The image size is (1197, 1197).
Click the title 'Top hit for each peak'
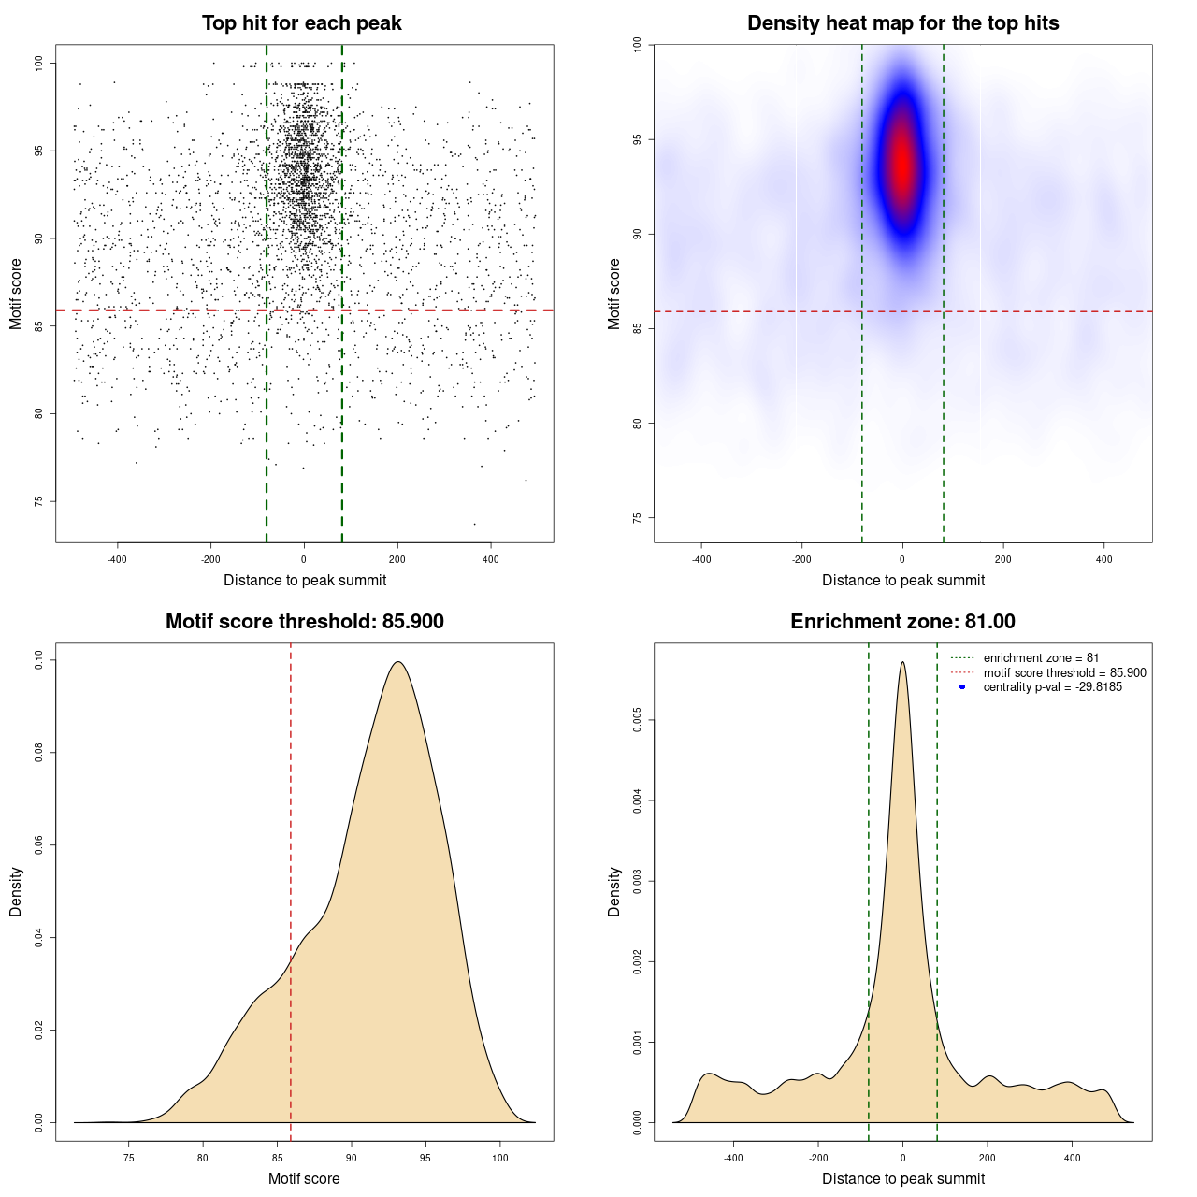coord(302,23)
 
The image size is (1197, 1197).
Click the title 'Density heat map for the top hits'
coord(902,23)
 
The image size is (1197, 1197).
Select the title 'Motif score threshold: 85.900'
coord(304,622)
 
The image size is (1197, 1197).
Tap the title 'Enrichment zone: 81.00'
coord(902,622)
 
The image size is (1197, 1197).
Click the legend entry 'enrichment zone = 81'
coord(1041,658)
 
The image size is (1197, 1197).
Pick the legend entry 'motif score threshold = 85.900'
coord(1064,672)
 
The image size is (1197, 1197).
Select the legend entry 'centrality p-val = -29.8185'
coord(1052,687)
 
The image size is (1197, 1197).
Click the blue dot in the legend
coord(962,687)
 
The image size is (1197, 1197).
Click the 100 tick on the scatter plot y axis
coord(39,63)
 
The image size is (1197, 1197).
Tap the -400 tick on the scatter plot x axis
coord(117,559)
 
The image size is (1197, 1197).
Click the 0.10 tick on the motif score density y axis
coord(39,660)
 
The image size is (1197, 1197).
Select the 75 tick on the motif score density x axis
coord(129,1158)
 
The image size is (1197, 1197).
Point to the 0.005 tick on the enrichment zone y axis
coord(638,720)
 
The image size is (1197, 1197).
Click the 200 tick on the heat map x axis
coord(1003,559)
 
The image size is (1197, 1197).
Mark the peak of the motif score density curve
coord(398,662)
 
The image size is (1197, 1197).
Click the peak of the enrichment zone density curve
coord(902,662)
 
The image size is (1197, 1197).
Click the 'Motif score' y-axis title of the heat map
coord(614,294)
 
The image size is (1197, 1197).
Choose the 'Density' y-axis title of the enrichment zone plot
coord(614,891)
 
